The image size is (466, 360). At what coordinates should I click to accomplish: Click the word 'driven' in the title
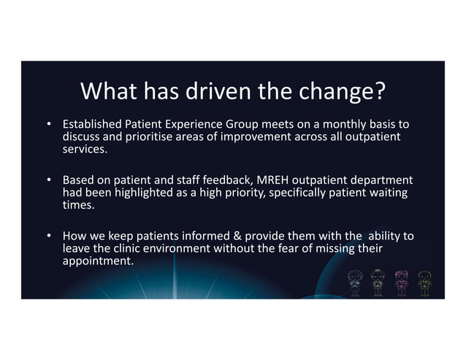point(213,93)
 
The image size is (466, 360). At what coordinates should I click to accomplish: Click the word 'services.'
point(83,150)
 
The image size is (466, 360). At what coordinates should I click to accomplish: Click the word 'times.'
point(76,206)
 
